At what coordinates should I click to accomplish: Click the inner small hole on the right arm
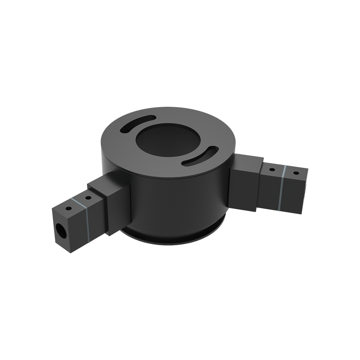click(272, 170)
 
